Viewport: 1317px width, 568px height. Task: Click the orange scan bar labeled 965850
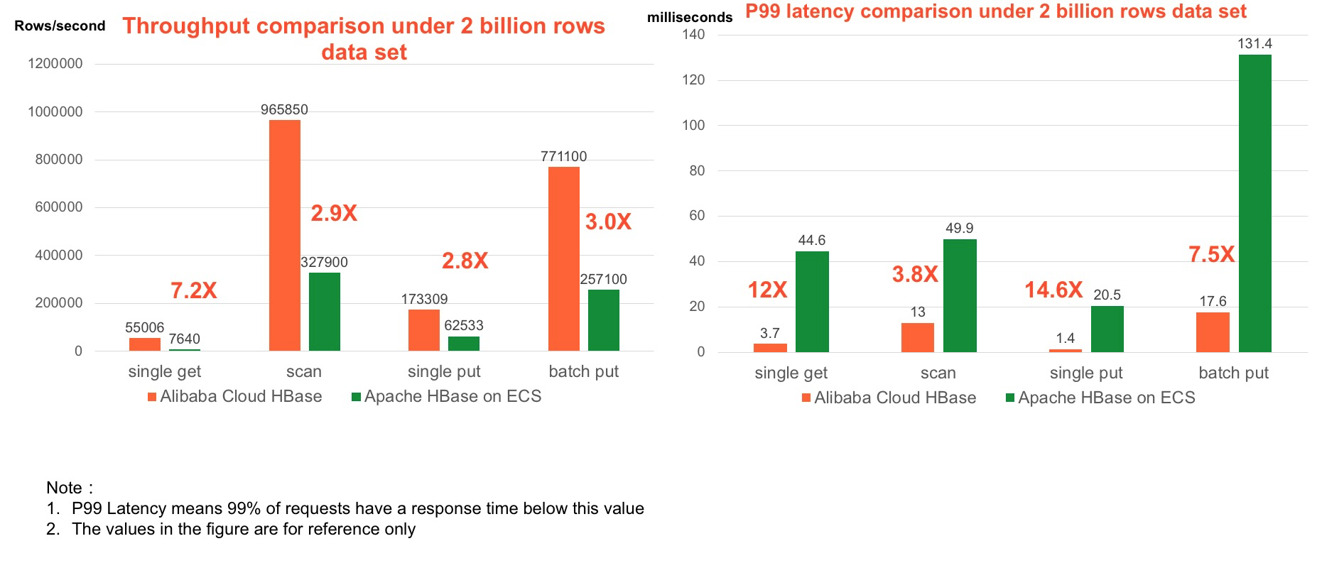285,235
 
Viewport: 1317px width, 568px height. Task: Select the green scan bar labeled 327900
325,312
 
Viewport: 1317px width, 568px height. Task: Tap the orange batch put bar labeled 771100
564,258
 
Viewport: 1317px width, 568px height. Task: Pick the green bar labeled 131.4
1255,203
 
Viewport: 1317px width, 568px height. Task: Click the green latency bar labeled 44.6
812,302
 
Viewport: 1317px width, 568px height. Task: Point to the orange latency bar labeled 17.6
1213,332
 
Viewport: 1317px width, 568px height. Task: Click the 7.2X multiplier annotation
194,290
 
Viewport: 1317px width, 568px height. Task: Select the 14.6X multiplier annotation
1053,290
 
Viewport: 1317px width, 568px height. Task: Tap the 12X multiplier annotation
768,290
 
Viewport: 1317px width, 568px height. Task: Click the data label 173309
424,299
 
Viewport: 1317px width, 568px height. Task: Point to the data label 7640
184,339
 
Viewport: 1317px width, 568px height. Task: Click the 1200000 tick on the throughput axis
55,64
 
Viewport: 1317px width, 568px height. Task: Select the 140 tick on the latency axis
693,34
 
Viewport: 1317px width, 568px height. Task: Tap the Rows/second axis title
60,26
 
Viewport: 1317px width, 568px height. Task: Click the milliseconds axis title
689,17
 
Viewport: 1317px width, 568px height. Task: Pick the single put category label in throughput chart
444,371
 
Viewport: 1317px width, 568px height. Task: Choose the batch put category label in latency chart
1233,373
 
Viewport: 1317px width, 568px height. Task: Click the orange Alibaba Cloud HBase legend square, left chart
152,397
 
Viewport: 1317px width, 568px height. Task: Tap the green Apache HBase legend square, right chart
1010,398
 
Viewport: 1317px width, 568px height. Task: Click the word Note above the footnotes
64,488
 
